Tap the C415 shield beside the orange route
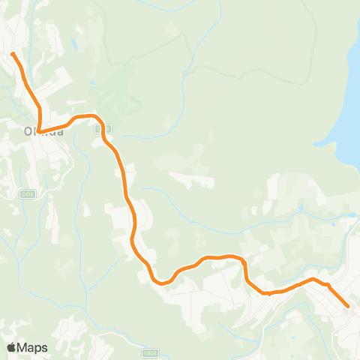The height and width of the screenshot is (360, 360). pyautogui.click(x=98, y=130)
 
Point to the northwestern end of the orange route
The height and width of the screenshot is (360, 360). pyautogui.click(x=13, y=54)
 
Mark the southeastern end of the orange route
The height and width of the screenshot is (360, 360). pyautogui.click(x=348, y=305)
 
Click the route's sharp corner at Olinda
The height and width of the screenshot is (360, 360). pyautogui.click(x=40, y=131)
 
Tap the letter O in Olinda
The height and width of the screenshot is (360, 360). pyautogui.click(x=28, y=131)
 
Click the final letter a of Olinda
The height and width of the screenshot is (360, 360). pyautogui.click(x=59, y=131)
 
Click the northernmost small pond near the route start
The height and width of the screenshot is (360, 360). pyautogui.click(x=78, y=43)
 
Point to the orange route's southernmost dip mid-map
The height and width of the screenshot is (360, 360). pyautogui.click(x=160, y=283)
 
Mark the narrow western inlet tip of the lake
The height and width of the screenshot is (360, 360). pyautogui.click(x=316, y=143)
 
